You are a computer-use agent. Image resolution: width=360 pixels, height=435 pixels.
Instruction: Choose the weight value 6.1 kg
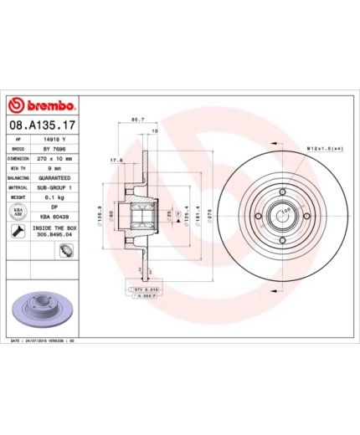pos(54,198)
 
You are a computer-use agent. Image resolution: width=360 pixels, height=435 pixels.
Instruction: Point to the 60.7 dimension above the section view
pos(137,122)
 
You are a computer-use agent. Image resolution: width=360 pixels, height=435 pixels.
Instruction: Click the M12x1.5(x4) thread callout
pos(325,148)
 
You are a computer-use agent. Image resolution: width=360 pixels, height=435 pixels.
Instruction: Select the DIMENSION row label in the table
pos(19,158)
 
